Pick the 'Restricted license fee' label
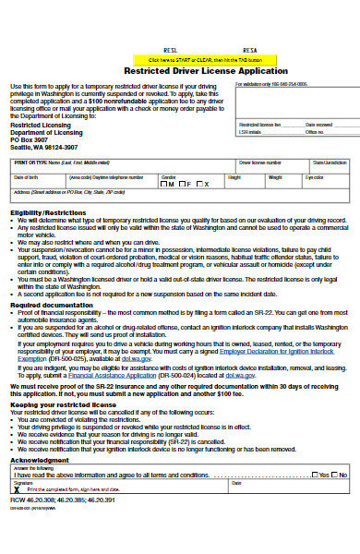pos(258,124)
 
